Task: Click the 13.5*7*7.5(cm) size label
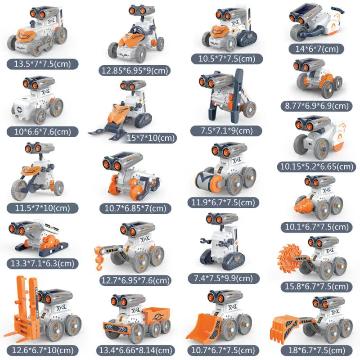tap(42, 63)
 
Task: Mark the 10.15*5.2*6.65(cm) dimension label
tap(315, 166)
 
